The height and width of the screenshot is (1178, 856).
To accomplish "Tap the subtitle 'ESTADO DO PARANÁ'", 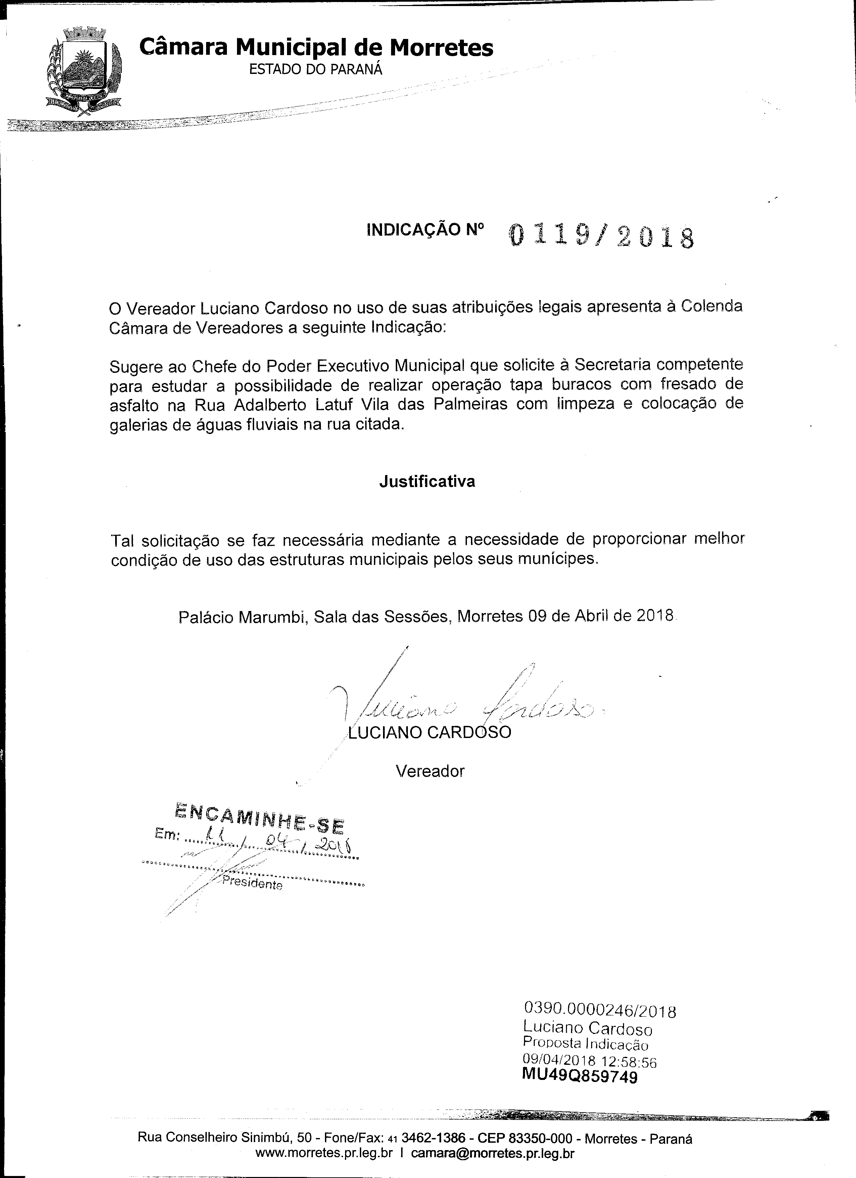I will tap(316, 69).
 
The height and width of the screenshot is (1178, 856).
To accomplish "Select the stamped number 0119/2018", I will tap(601, 236).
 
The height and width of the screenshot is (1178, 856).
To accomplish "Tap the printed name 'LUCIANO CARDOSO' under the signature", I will tap(430, 732).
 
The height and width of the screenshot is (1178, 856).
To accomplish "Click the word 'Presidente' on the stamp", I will tap(252, 883).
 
